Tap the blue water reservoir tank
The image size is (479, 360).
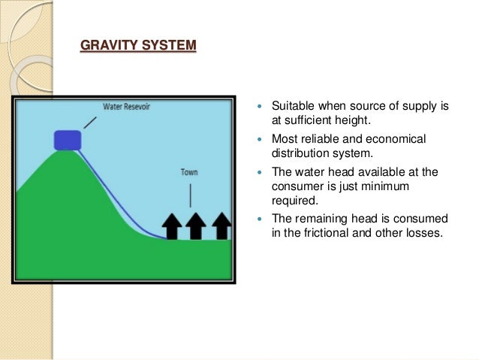pyautogui.click(x=68, y=139)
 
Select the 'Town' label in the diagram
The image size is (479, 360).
pyautogui.click(x=189, y=171)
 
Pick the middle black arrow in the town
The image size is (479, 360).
pyautogui.click(x=196, y=225)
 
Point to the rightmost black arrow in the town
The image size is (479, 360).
pyautogui.click(x=221, y=225)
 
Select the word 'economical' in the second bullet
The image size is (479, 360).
pyautogui.click(x=397, y=140)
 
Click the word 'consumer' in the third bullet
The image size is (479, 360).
pyautogui.click(x=296, y=186)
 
